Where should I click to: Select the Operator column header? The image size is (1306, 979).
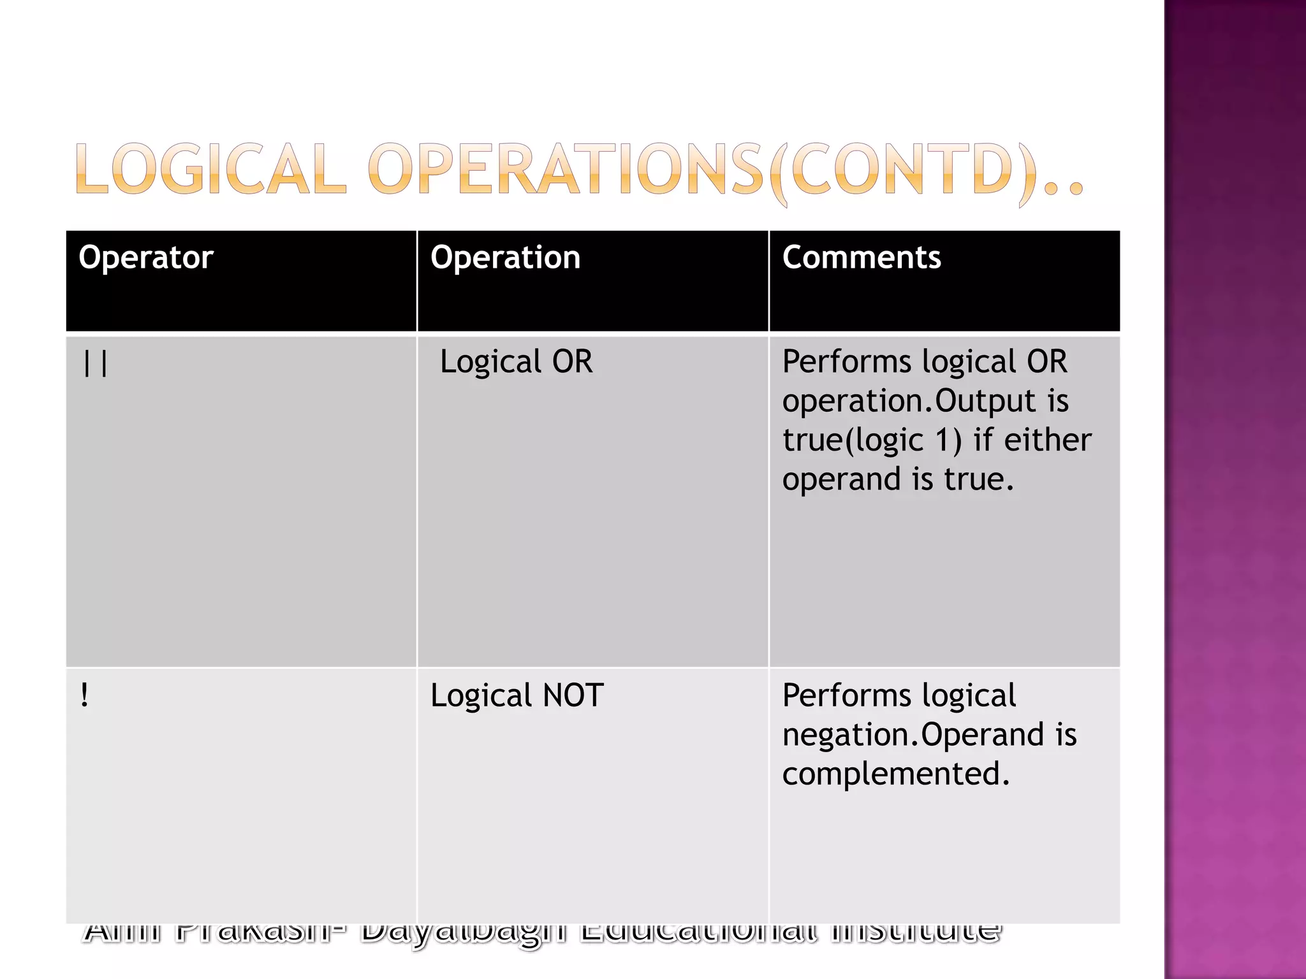click(145, 258)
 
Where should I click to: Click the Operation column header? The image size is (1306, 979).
click(505, 258)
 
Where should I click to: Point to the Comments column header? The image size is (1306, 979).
click(861, 258)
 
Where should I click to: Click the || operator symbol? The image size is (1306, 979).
click(96, 364)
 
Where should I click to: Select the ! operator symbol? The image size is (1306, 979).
click(85, 695)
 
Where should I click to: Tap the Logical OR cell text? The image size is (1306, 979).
click(516, 362)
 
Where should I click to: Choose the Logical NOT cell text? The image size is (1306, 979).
click(517, 695)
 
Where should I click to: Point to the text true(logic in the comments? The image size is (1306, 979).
click(853, 441)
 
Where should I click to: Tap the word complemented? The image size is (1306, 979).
click(895, 774)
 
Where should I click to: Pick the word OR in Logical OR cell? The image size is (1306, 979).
click(572, 362)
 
